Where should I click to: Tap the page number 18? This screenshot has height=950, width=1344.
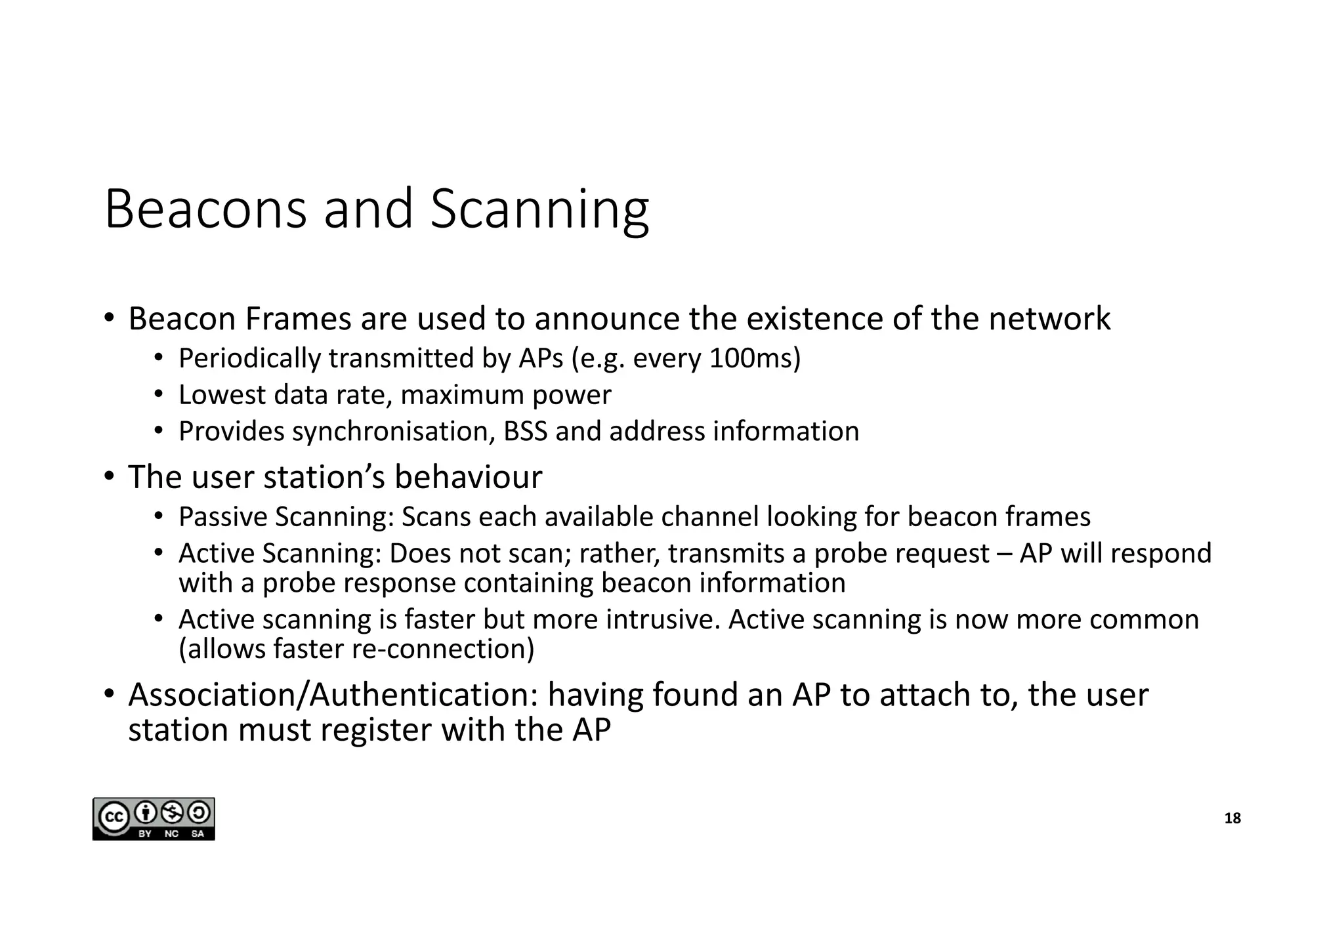1232,818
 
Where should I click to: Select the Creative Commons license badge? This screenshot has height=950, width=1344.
154,819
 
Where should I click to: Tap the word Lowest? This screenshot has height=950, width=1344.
221,395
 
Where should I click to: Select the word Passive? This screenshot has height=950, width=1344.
222,517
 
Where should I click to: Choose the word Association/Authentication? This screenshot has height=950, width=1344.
333,695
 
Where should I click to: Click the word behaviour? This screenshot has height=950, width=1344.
468,477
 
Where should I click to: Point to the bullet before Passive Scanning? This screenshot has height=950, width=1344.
158,516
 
